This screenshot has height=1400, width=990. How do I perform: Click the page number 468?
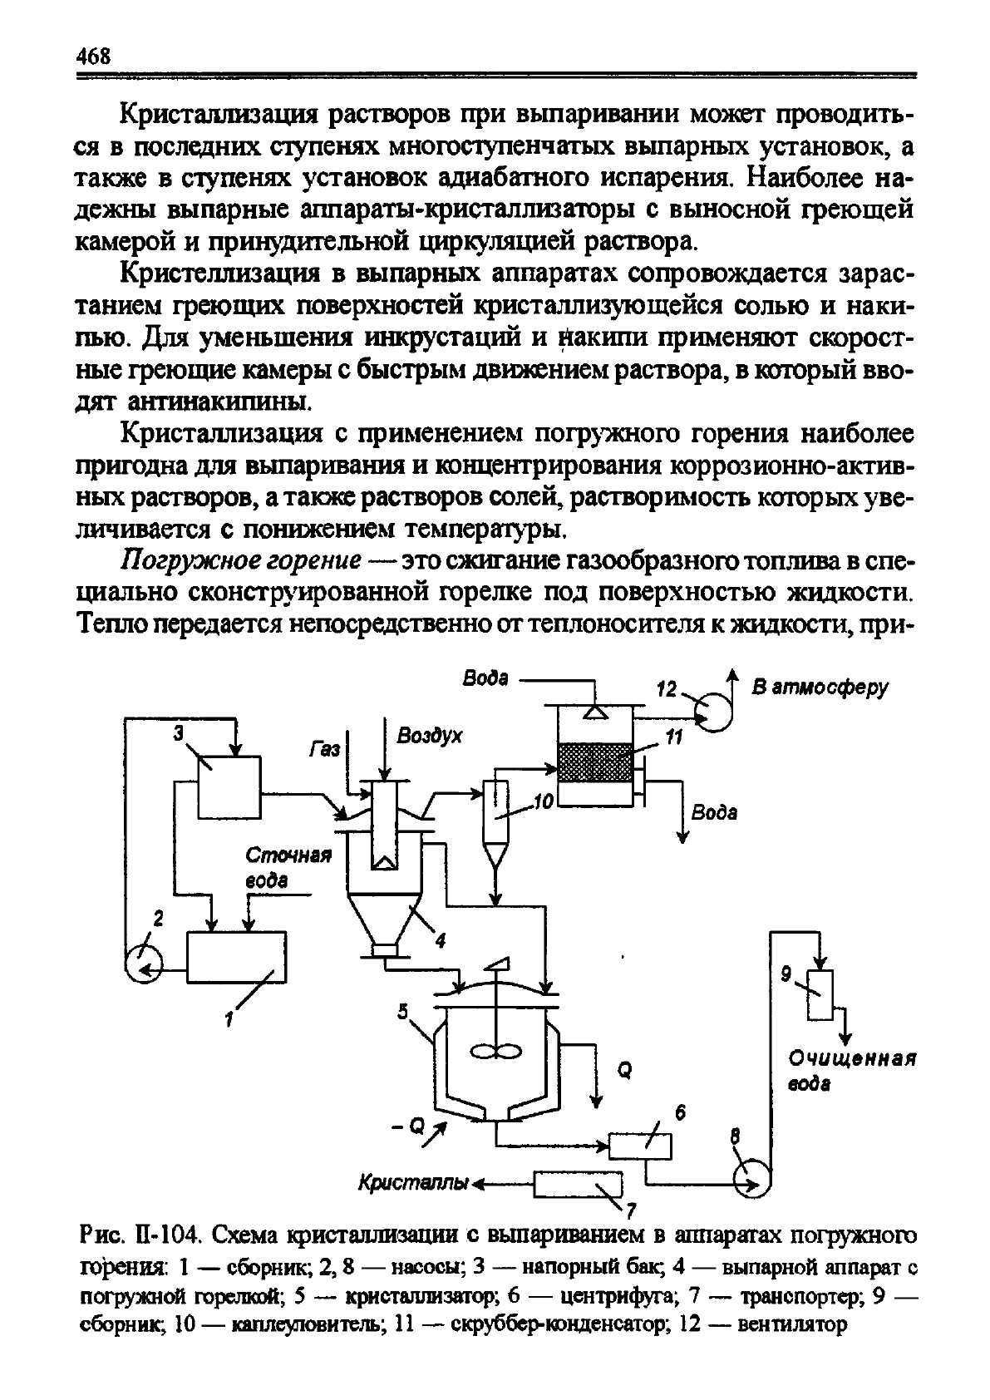pos(93,57)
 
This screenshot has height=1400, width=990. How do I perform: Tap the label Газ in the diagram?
pos(324,748)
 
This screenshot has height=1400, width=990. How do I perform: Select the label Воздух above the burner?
pos(430,737)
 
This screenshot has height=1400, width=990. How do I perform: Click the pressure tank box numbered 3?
pos(229,786)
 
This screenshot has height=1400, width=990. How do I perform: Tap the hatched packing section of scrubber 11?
pos(595,762)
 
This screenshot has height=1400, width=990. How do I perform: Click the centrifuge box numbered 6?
pos(640,1146)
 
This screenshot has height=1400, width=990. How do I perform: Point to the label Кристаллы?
pos(413,1182)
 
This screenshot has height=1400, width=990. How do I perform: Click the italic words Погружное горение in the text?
pos(240,559)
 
